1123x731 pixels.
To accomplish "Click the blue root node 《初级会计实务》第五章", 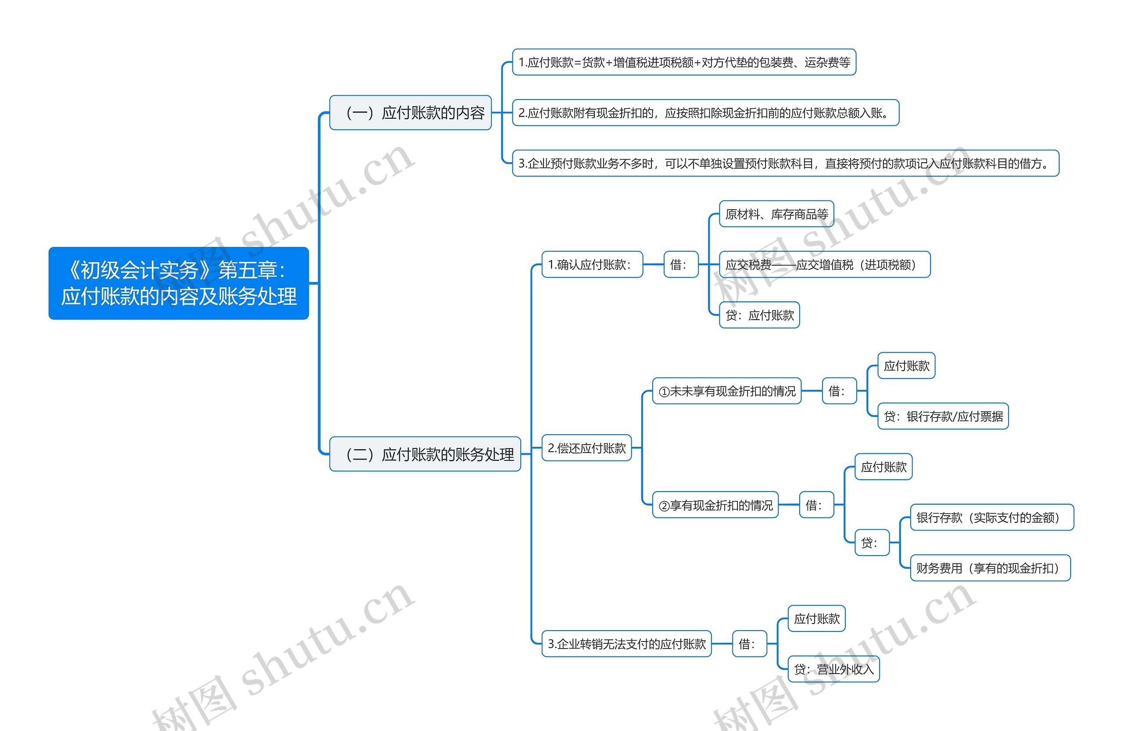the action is point(179,283).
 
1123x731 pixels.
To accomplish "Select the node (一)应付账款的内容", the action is point(410,113).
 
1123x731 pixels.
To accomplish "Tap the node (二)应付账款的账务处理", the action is point(425,454).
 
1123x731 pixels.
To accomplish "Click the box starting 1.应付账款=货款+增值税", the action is point(684,62).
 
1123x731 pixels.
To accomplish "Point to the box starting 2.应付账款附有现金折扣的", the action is point(705,113).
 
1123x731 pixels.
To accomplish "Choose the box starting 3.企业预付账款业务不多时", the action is point(785,163).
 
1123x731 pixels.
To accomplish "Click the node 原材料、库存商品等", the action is point(776,214).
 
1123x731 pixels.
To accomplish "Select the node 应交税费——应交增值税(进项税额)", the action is point(824,264).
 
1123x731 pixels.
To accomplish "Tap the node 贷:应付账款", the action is point(759,315).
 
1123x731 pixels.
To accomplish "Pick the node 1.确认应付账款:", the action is point(592,264).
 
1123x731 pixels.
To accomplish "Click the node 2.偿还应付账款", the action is point(586,448).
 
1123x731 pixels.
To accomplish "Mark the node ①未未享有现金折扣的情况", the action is point(726,391).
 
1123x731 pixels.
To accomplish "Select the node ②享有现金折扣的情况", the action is point(715,505).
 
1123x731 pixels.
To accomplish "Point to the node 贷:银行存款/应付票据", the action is point(943,417).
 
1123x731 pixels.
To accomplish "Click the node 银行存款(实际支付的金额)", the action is point(991,517).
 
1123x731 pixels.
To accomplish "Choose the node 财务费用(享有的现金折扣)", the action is point(990,568).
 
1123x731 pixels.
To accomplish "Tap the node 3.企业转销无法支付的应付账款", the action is point(626,644).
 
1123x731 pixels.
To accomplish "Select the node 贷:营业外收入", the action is point(833,669).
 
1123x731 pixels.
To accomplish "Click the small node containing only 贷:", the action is point(872,543).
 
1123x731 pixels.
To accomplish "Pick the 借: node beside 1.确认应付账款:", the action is point(680,264).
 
